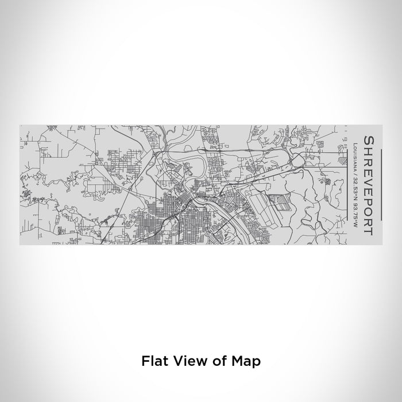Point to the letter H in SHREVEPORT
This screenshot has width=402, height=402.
coord(366,149)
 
